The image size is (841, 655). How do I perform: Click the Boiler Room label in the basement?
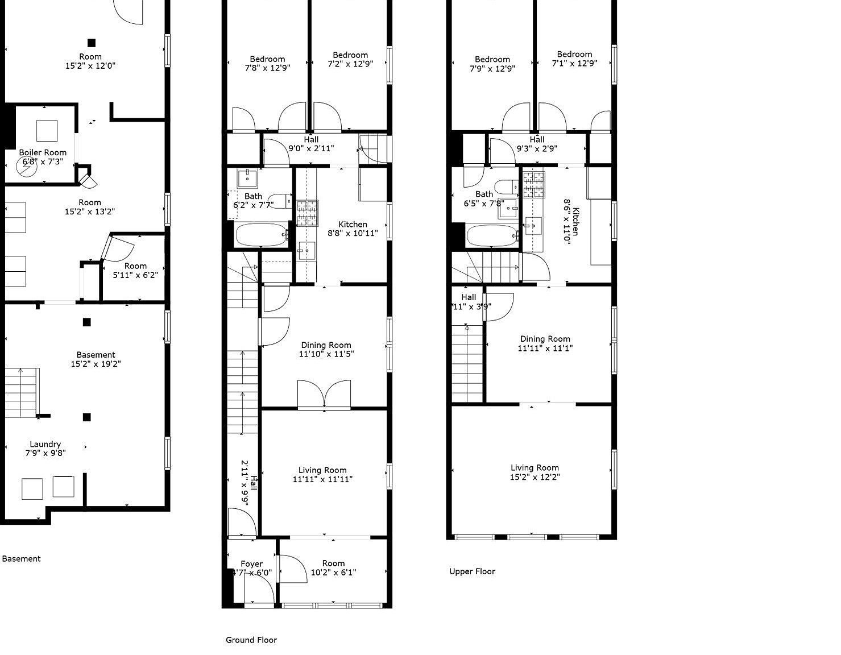[x=43, y=157]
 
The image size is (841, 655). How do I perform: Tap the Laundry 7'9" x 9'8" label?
[x=45, y=449]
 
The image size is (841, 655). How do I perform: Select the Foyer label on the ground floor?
[x=251, y=568]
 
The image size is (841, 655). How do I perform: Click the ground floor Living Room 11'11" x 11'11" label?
[x=322, y=474]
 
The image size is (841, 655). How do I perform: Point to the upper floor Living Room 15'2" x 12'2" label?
[x=535, y=472]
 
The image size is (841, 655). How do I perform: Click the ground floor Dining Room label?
[x=326, y=349]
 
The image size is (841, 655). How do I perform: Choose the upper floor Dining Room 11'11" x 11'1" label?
[x=545, y=343]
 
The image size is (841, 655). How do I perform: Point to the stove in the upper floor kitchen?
[x=533, y=184]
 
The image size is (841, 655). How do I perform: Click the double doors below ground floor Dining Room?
[x=324, y=395]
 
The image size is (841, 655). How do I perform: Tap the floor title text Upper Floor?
[x=472, y=571]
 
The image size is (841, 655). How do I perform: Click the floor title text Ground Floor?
[x=251, y=640]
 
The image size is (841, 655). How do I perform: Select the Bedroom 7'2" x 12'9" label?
[x=350, y=60]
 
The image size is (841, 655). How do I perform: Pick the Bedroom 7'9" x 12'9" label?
[x=492, y=64]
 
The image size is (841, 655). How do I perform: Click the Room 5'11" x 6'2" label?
[x=135, y=270]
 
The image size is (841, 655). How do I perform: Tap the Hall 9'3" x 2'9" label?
[x=537, y=144]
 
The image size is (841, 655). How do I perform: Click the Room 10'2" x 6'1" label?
[x=333, y=568]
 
